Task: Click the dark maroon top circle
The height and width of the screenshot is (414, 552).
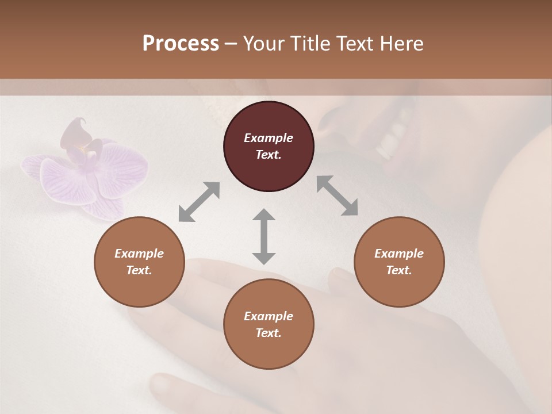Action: point(269,146)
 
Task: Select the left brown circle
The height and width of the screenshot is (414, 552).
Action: point(139,262)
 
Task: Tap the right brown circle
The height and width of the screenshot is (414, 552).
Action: point(398,262)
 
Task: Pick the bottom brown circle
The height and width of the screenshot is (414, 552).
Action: point(269,324)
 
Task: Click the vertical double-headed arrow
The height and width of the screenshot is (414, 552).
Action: point(264,236)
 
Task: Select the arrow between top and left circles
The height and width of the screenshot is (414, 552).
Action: point(199,201)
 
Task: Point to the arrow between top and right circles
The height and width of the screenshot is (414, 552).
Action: point(338,195)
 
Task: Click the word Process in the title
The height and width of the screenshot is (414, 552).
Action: point(181,43)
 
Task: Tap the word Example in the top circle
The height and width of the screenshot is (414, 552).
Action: point(269,138)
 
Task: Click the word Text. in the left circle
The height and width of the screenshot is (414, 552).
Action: point(139,270)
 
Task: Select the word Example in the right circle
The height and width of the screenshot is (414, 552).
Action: point(399,254)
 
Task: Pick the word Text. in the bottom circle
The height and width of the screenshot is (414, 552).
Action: point(269,333)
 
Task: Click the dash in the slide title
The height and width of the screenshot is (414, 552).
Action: point(231,44)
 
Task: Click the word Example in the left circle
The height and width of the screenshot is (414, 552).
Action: point(139,254)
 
